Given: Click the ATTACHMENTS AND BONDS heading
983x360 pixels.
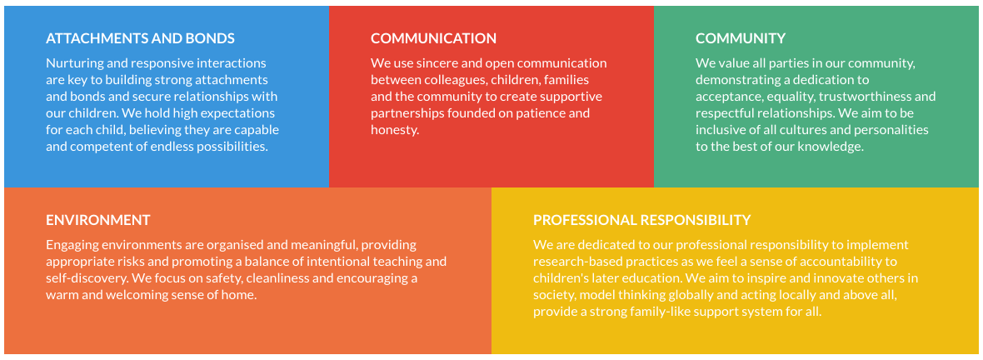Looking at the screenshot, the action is [141, 38].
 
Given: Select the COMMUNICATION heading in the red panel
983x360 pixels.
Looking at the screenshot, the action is [433, 38].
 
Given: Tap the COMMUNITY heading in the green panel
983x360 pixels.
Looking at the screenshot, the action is [741, 38].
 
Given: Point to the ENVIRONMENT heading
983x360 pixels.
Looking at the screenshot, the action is [97, 220].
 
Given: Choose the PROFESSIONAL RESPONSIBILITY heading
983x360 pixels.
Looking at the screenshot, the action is [642, 220].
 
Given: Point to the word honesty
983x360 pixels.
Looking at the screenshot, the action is [394, 131].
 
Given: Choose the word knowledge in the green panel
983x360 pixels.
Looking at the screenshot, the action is [833, 147].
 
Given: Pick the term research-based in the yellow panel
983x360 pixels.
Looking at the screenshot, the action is [574, 262].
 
